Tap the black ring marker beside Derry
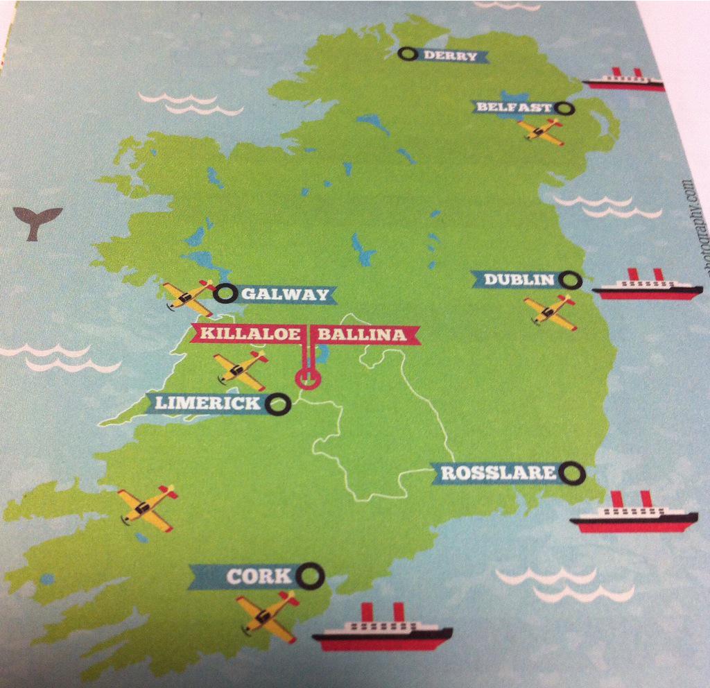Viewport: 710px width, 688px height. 408,53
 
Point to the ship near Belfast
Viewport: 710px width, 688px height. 623,80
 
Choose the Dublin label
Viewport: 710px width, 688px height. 519,279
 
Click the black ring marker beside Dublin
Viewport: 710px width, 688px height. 571,280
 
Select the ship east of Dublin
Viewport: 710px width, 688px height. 647,286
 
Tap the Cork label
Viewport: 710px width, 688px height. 249,576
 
